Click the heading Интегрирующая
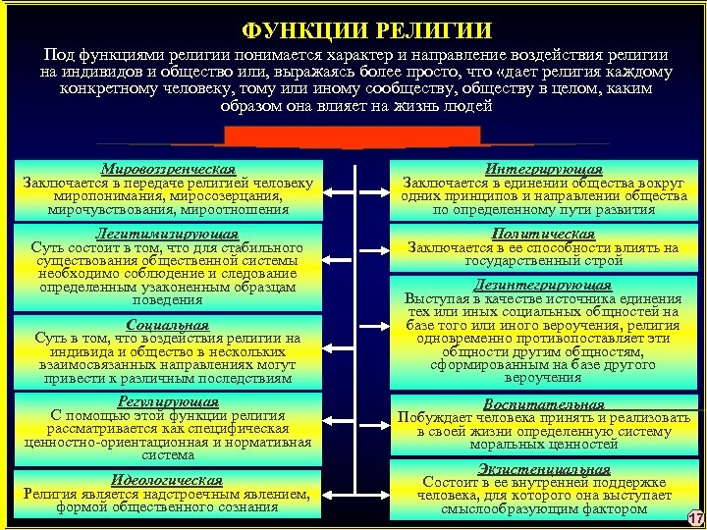coord(544,169)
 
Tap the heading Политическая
coord(544,235)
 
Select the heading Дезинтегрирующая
coord(544,285)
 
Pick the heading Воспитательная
coord(544,403)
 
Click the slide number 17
coord(695,518)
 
